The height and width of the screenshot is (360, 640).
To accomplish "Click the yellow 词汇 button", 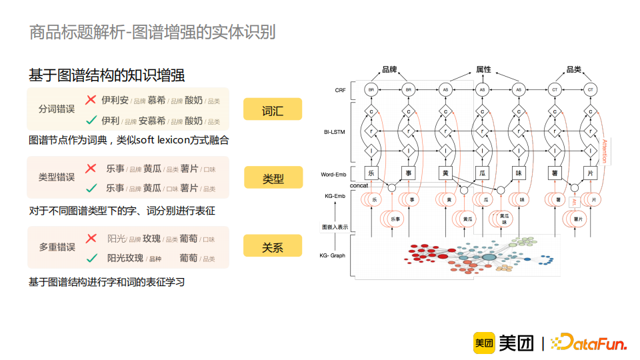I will click(272, 109).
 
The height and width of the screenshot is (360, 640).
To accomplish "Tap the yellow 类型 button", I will click(272, 178).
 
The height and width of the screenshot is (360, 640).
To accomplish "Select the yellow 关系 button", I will click(272, 246).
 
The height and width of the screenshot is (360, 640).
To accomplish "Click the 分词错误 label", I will click(57, 109).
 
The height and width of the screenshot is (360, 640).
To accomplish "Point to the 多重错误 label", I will click(57, 247).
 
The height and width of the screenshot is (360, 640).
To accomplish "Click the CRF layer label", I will click(340, 89).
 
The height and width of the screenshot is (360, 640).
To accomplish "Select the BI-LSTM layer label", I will click(335, 132).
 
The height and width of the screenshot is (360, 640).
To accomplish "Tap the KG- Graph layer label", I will click(333, 255).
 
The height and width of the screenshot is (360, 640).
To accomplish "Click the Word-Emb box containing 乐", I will click(372, 173).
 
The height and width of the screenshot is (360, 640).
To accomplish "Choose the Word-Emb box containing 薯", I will click(554, 173).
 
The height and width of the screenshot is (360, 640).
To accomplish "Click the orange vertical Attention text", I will click(605, 151).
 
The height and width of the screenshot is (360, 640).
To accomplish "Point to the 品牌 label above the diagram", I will click(389, 69).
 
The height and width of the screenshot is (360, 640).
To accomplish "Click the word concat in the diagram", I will click(359, 185).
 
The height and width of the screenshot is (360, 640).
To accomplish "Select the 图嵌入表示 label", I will click(334, 227).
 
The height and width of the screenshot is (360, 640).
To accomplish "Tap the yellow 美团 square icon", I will click(483, 343).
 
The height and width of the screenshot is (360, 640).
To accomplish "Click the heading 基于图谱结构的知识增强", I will click(107, 75).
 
